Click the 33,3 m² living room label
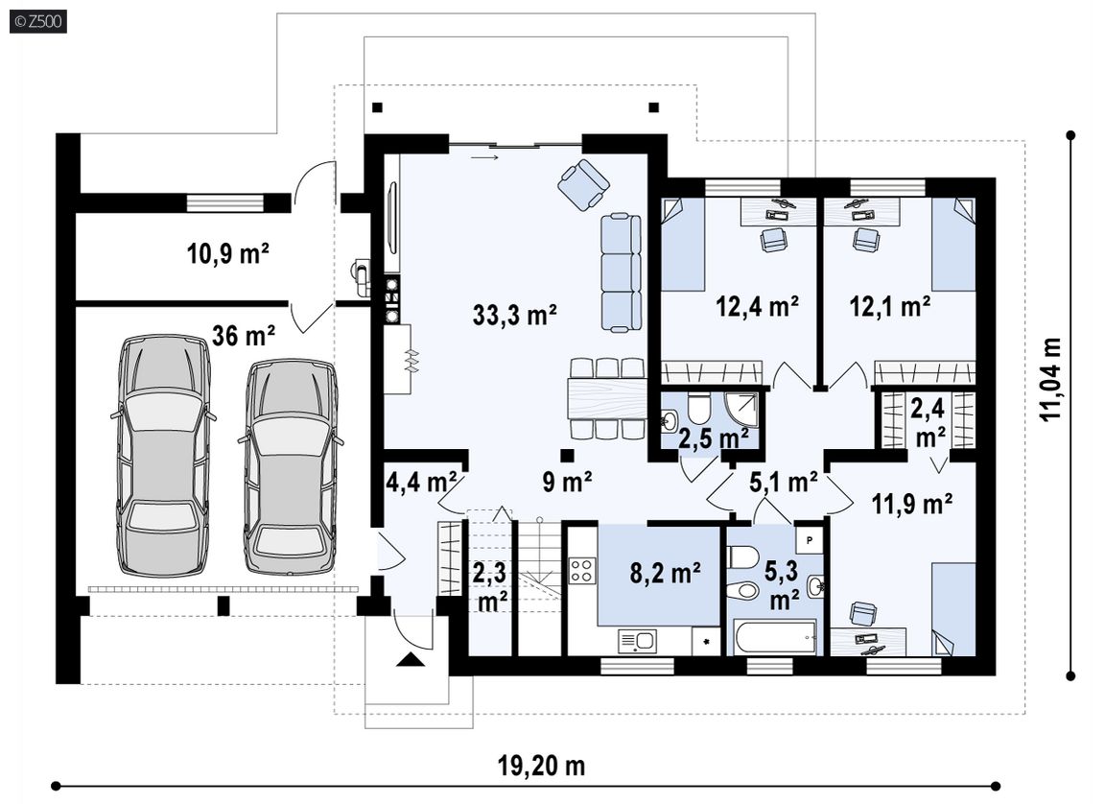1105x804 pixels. point(515,315)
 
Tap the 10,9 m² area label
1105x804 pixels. point(228,253)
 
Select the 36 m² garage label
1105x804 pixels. point(243,336)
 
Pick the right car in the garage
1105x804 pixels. point(291,466)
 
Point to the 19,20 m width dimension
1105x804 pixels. point(542,766)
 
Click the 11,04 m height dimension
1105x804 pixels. point(1051,379)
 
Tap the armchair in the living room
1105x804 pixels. point(583,184)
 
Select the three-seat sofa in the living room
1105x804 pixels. point(622,272)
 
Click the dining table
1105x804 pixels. point(607,398)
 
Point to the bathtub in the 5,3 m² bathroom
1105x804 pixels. point(774,637)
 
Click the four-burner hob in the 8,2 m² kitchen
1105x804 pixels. point(583,570)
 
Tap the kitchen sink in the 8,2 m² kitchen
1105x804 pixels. point(637,641)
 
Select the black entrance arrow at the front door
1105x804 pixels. point(411,659)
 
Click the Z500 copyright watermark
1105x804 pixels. point(38,22)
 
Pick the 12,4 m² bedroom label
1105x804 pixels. point(757,306)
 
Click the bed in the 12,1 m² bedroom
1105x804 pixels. point(954,244)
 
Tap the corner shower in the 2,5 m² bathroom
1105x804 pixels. point(742,410)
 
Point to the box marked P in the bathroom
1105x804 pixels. point(810,540)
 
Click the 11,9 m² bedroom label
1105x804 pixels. point(912,504)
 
